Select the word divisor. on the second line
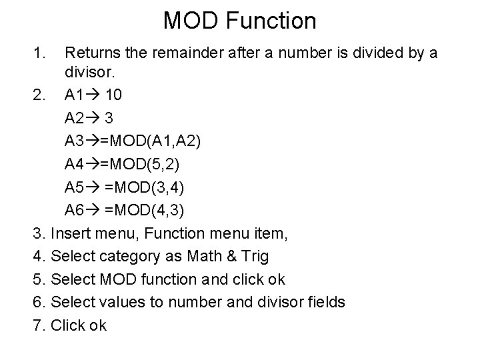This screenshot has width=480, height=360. tap(89, 72)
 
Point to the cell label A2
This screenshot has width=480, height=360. tap(75, 118)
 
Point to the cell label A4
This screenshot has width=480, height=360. tap(75, 165)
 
